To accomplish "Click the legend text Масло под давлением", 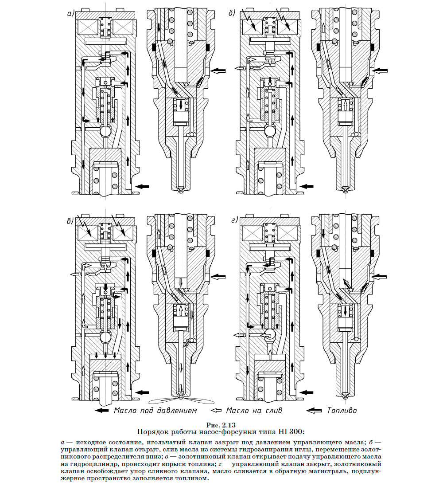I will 155,410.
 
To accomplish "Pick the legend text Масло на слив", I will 254,410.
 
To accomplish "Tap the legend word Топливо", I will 342,410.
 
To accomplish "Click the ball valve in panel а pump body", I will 105,132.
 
